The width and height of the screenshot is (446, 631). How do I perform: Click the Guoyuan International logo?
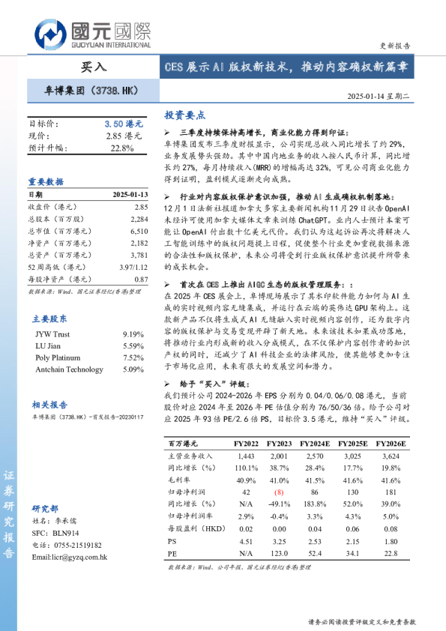[x=92, y=33]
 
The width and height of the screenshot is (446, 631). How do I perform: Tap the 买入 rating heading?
[x=93, y=67]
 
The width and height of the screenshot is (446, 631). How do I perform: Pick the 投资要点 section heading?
[x=184, y=115]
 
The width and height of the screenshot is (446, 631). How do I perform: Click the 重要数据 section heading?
[x=46, y=181]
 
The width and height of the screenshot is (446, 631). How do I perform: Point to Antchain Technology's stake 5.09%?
[x=132, y=369]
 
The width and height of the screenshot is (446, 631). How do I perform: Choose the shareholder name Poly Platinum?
[x=58, y=357]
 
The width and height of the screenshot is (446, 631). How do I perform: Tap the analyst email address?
[x=70, y=557]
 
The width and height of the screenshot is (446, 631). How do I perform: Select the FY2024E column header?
[x=316, y=444]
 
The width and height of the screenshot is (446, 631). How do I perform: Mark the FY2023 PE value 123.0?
[x=279, y=554]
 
